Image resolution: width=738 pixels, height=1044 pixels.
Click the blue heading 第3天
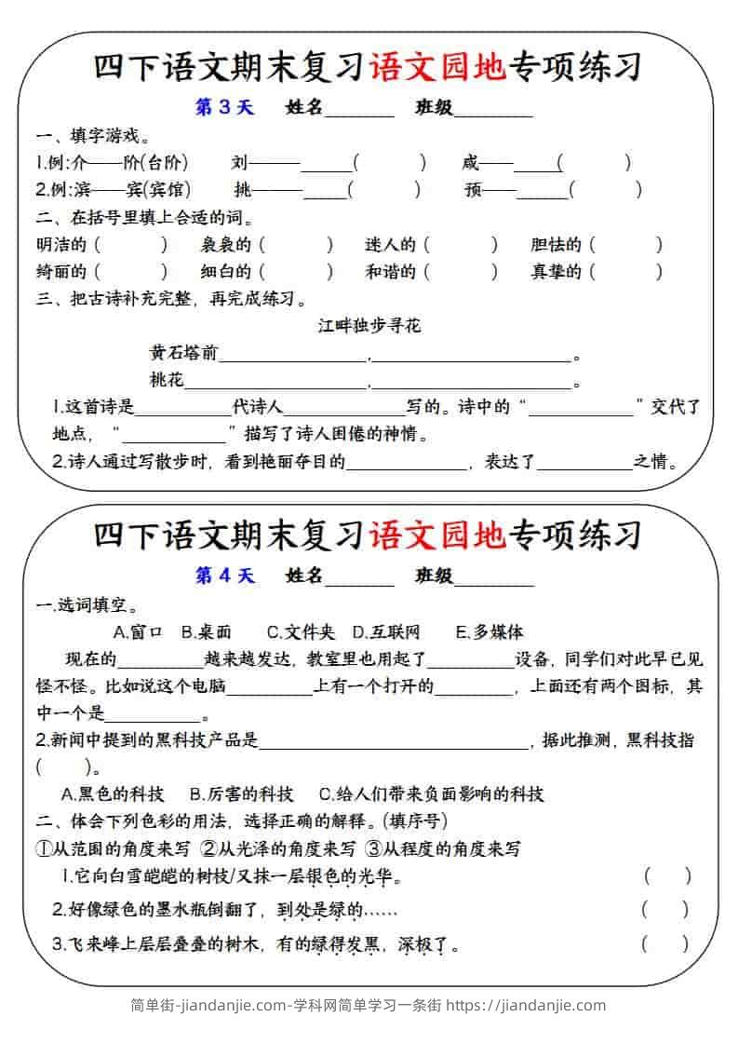pyautogui.click(x=223, y=107)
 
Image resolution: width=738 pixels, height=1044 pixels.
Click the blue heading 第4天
pyautogui.click(x=224, y=576)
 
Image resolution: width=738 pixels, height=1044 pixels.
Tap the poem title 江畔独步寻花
pyautogui.click(x=369, y=325)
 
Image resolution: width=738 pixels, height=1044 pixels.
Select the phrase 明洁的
pyautogui.click(x=61, y=245)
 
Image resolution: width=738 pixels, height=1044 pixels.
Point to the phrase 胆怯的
pyautogui.click(x=556, y=245)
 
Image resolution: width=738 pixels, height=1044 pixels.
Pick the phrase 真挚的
pyautogui.click(x=556, y=272)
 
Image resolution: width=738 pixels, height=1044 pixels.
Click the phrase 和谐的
pyautogui.click(x=391, y=272)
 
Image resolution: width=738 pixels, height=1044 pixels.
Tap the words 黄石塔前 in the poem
pyautogui.click(x=183, y=353)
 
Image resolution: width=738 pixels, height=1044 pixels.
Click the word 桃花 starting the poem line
pyautogui.click(x=167, y=380)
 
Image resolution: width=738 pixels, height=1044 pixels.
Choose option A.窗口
pyautogui.click(x=138, y=631)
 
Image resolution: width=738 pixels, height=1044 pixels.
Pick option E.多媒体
pyautogui.click(x=490, y=631)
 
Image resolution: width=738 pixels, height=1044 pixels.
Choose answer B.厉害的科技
pyautogui.click(x=241, y=793)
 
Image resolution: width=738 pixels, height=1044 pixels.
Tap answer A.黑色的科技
pyautogui.click(x=112, y=793)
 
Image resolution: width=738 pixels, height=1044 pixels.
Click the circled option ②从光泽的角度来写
pyautogui.click(x=278, y=848)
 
